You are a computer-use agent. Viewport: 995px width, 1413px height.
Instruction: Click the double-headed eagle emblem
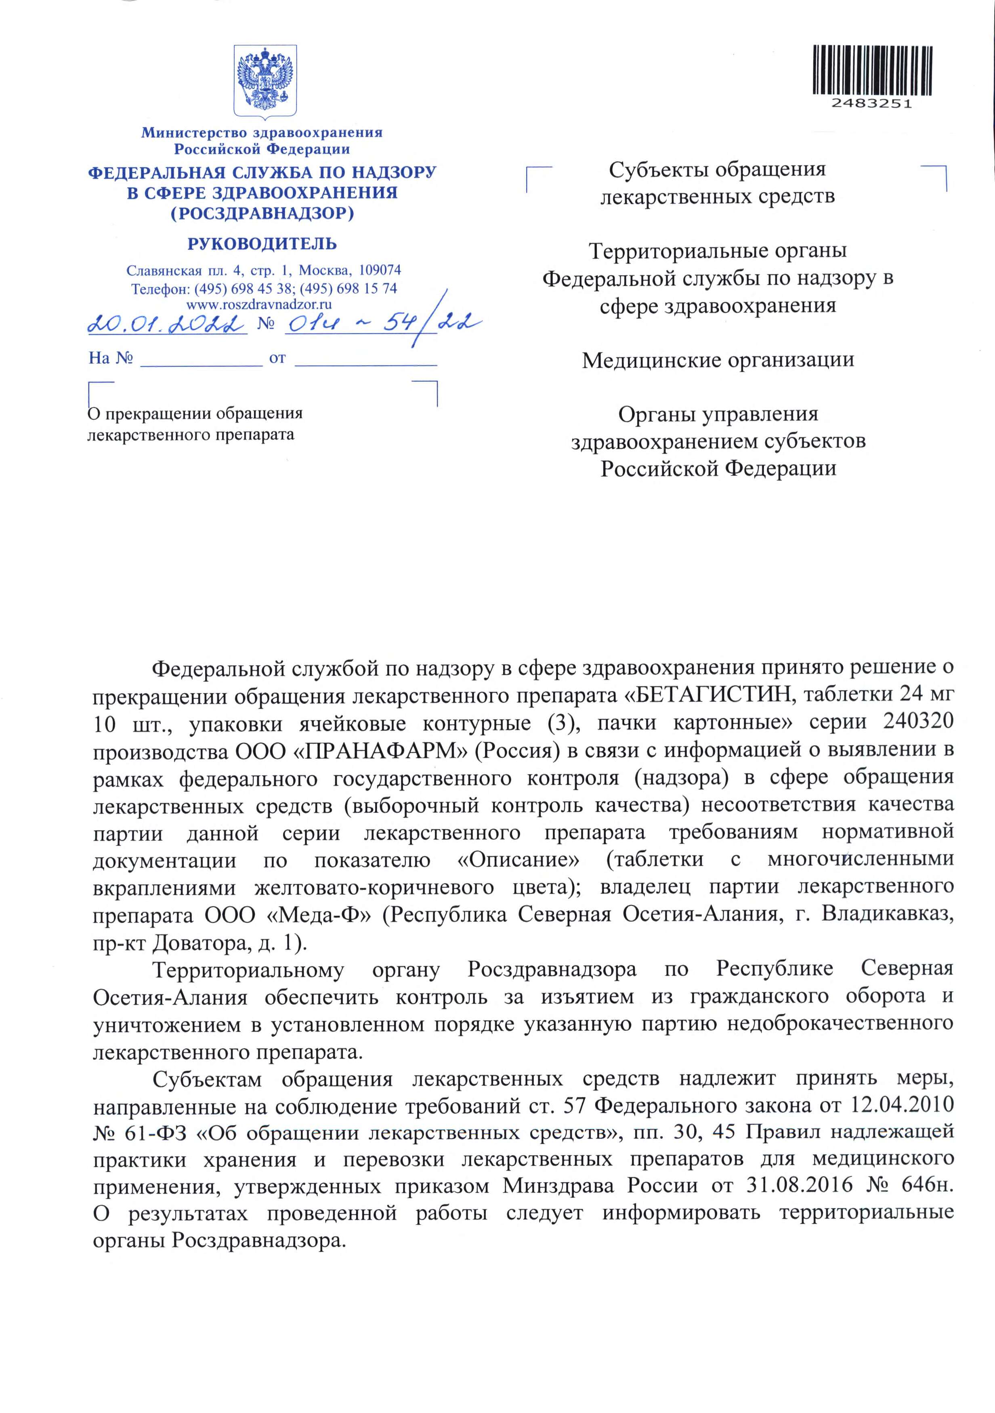(265, 80)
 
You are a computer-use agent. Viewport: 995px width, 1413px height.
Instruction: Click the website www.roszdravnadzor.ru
(259, 304)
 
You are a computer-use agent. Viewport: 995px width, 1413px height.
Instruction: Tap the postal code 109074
(380, 270)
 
